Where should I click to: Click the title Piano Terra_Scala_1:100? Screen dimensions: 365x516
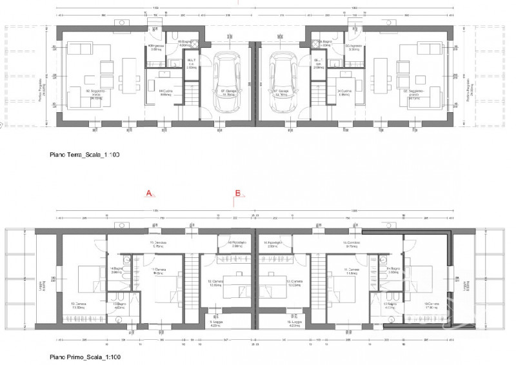85,155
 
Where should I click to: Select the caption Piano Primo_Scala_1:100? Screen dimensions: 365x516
85,356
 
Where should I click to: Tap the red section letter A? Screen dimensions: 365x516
148,193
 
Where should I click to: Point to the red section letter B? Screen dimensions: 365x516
237,193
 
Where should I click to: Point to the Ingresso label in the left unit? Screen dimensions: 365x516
156,46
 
